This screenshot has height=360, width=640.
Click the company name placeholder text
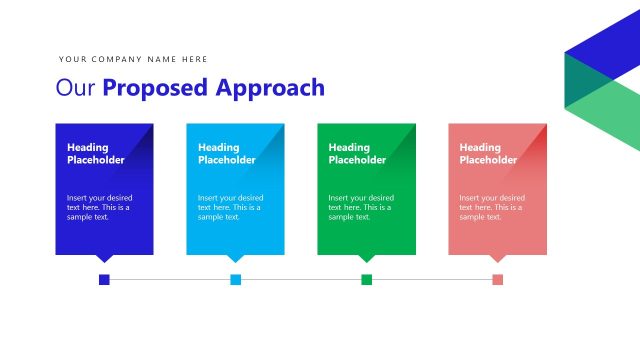133,59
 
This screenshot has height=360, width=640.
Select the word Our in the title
76,88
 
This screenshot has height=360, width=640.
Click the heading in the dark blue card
96,153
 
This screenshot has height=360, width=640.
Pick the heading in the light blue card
227,153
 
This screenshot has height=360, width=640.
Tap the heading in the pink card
488,153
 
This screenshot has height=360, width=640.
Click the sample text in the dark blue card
99,207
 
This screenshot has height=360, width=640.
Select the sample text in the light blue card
230,207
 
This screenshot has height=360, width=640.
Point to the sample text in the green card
361,207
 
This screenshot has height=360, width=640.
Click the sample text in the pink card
492,207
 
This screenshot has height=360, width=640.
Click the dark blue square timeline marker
104,279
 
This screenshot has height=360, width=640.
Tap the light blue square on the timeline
236,279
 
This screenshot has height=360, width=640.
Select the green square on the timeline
367,279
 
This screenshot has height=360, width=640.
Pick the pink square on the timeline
498,279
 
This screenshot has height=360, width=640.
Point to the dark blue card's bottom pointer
104,258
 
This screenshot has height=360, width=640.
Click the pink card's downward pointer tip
498,259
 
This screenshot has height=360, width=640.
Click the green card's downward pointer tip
367,259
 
